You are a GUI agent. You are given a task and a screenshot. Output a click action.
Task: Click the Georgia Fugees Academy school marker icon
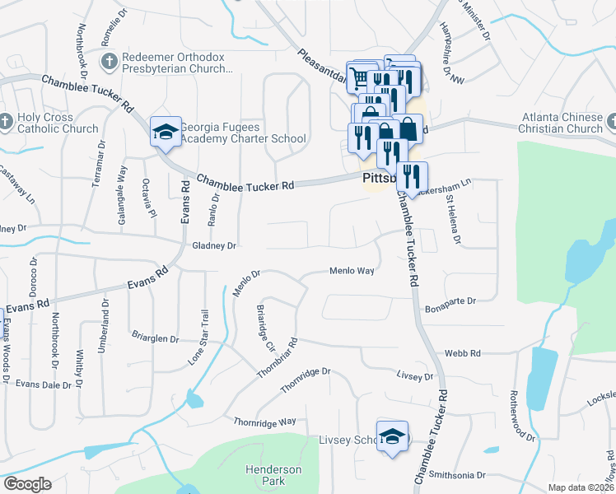point(166,132)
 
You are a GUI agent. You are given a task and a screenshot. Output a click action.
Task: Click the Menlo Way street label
point(352,271)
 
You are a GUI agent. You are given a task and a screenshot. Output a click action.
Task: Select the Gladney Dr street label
point(214,245)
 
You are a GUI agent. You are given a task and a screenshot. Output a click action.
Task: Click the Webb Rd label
point(462,353)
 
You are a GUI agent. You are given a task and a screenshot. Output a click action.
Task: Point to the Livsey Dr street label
point(414,375)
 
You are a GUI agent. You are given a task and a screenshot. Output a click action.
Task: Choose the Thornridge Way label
point(264,422)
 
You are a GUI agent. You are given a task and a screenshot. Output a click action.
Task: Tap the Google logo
point(27,484)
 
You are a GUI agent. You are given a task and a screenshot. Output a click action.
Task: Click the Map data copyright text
point(581,487)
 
